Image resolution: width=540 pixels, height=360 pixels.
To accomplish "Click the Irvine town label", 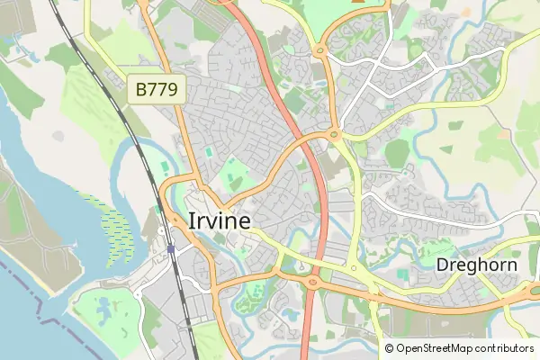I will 220,220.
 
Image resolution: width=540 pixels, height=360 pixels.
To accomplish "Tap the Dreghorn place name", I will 477,265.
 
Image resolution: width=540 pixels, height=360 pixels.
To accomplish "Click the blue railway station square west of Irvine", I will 170,247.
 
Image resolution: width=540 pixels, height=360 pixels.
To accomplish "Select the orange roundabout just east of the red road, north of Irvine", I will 335,135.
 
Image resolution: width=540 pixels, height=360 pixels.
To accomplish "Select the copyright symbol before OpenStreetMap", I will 390,348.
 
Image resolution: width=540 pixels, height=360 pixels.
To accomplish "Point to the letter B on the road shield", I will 142,89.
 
